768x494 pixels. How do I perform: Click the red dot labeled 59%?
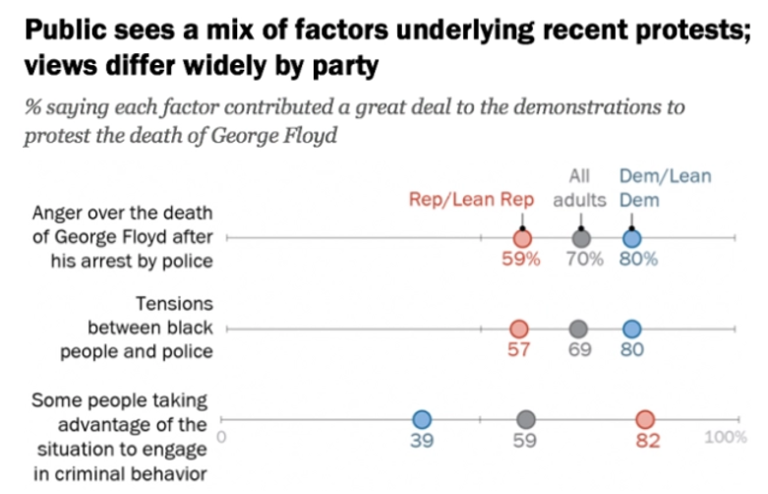pyautogui.click(x=522, y=238)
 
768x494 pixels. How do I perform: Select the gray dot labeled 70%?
pyautogui.click(x=581, y=238)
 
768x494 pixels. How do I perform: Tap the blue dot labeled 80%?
pyautogui.click(x=632, y=238)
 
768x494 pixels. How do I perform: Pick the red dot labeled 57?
pyautogui.click(x=518, y=329)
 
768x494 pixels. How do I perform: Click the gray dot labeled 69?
pyautogui.click(x=578, y=329)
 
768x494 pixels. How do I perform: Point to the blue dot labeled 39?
pyautogui.click(x=422, y=419)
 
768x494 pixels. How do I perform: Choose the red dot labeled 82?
pyautogui.click(x=645, y=419)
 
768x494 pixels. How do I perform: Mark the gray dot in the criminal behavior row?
pyautogui.click(x=526, y=419)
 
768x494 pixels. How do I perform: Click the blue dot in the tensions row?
pyautogui.click(x=631, y=329)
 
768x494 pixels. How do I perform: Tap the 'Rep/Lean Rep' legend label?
pyautogui.click(x=471, y=200)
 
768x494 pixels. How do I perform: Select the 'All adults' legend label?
pyautogui.click(x=579, y=189)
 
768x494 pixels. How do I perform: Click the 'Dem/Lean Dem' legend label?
pyautogui.click(x=665, y=189)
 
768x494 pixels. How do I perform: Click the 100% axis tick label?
pyautogui.click(x=726, y=436)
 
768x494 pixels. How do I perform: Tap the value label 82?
pyautogui.click(x=646, y=441)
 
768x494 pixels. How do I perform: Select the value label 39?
pyautogui.click(x=422, y=441)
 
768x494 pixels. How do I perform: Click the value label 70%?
pyautogui.click(x=583, y=260)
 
